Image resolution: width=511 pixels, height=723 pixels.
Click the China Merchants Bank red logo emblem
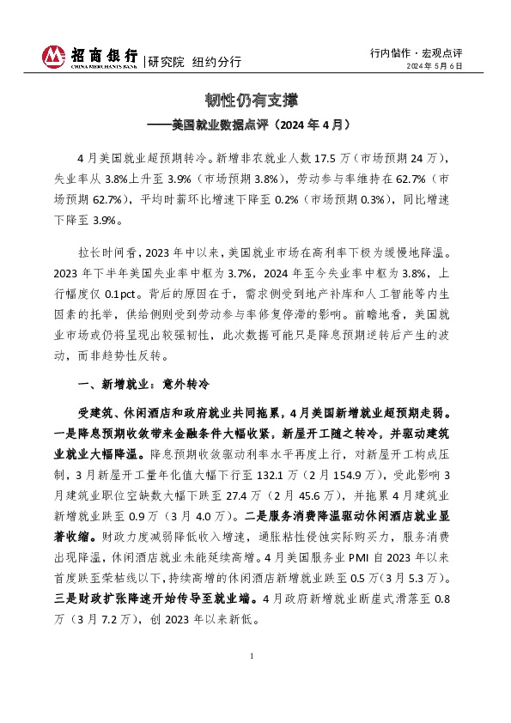tap(53, 57)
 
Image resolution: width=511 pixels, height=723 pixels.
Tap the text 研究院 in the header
tap(165, 62)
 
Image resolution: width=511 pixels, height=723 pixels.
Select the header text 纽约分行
tap(216, 62)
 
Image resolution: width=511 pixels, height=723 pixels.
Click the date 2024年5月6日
tap(435, 66)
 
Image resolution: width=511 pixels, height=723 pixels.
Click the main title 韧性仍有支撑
tap(255, 100)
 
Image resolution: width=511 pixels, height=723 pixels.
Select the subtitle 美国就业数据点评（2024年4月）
tap(261, 125)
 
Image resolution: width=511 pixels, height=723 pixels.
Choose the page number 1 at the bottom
tap(255, 680)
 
